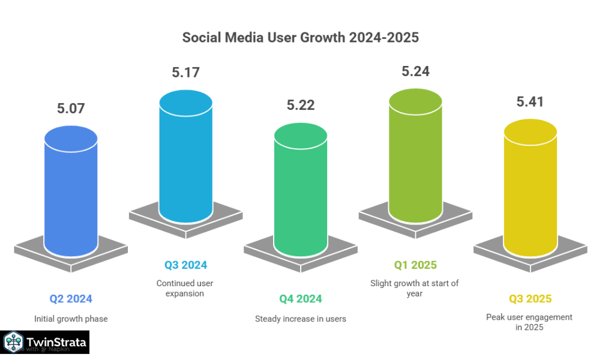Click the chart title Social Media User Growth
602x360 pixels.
(301, 37)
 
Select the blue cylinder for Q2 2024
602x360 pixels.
(71, 192)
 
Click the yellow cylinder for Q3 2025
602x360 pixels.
(530, 189)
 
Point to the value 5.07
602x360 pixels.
(71, 109)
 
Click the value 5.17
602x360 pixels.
(185, 73)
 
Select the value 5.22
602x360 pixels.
(300, 105)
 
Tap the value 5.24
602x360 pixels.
(415, 71)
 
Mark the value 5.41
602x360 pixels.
(530, 102)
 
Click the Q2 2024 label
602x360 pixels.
(71, 298)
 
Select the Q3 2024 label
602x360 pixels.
(185, 265)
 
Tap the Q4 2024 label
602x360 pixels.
(300, 298)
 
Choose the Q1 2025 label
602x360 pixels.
(415, 265)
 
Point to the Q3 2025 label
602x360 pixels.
(530, 298)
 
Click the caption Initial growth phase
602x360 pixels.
(71, 319)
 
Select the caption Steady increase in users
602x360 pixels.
(300, 319)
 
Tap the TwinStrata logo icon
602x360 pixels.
(13, 343)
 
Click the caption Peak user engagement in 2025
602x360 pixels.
(529, 322)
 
